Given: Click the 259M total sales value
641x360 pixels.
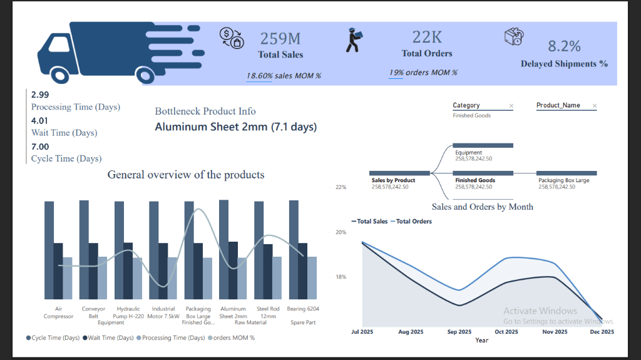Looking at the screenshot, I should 280,39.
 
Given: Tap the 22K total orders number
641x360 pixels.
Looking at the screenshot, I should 427,37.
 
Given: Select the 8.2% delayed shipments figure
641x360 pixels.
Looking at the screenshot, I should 564,46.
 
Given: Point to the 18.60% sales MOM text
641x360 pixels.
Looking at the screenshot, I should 284,76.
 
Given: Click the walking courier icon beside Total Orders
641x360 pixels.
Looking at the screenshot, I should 354,40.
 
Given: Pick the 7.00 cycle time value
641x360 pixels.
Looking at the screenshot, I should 39,147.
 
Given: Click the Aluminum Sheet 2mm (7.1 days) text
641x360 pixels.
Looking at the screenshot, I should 235,127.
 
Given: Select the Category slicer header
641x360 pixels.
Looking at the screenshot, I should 466,106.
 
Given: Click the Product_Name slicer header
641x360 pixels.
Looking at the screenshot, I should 558,106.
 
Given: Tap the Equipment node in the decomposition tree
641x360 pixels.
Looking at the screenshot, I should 469,153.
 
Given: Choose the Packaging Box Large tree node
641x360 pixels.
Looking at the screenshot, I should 563,180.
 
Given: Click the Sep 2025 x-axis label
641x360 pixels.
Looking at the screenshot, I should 459,332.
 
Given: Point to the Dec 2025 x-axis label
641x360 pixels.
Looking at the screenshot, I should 602,332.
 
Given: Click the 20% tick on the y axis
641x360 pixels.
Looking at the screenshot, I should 340,232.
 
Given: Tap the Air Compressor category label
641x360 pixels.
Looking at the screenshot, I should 58,312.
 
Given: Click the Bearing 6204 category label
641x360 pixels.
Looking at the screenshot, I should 302,309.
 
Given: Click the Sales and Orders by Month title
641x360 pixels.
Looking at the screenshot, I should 482,207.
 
